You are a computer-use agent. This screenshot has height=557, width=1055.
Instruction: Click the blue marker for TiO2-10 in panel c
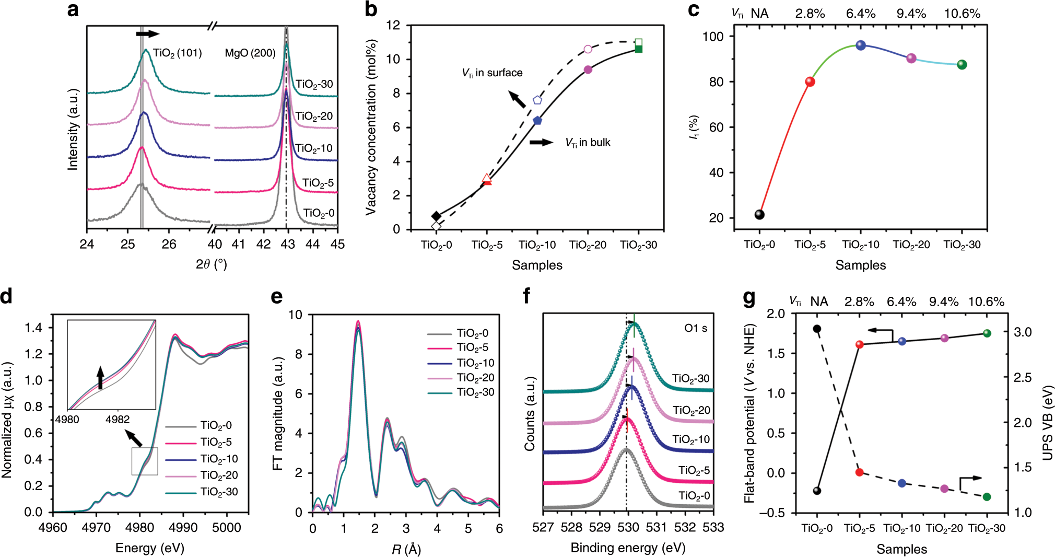pos(861,45)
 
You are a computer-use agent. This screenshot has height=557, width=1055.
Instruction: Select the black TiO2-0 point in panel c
pos(759,214)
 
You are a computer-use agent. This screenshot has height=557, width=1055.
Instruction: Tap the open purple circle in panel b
pos(588,49)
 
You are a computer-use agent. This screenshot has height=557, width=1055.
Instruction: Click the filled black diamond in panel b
pos(436,216)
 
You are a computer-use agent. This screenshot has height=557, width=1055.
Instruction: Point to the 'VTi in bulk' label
pos(588,143)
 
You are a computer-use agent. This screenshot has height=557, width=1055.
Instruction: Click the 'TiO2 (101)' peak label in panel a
pos(177,53)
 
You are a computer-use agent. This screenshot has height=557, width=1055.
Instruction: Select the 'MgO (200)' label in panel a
pos(250,53)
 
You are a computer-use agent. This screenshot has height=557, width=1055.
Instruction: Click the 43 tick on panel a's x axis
pos(287,244)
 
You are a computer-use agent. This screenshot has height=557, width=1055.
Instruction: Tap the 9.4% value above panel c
pos(911,14)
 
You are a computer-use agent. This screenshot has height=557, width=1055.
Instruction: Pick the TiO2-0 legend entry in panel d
pos(216,426)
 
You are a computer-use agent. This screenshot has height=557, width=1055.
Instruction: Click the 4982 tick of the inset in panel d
pos(118,419)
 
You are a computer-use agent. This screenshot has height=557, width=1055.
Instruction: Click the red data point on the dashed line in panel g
pos(860,472)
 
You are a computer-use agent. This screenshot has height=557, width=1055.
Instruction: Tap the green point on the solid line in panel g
pos(987,333)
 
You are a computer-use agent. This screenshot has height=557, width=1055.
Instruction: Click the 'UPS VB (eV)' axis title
pos(1047,423)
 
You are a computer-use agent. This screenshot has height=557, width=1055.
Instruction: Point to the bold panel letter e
pos(277,297)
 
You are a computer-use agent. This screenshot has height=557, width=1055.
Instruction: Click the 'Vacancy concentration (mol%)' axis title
pos(371,127)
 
